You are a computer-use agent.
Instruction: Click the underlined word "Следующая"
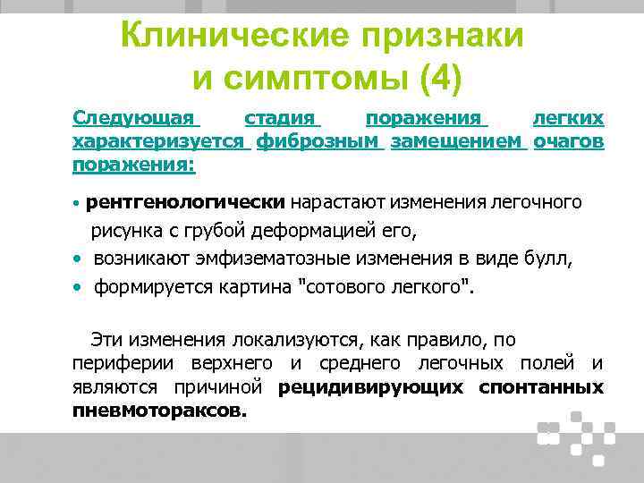pos(135,118)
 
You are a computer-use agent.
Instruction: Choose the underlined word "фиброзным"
pos(319,141)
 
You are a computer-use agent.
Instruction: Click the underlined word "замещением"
pos(459,141)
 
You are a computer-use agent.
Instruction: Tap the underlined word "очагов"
pos(568,141)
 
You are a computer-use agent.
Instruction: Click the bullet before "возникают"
pos(79,260)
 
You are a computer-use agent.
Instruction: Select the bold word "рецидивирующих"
pos(371,387)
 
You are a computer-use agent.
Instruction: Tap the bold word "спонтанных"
pos(540,387)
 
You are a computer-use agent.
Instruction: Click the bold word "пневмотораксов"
pos(156,411)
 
